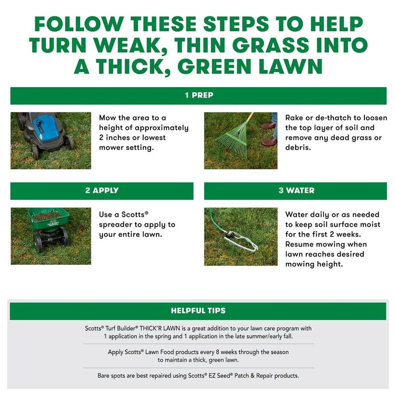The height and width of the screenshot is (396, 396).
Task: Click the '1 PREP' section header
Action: [198, 96]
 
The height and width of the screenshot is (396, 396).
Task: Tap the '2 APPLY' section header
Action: [101, 191]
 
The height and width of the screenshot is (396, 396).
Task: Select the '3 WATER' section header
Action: [295, 191]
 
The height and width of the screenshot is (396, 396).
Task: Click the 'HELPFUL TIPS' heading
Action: [198, 311]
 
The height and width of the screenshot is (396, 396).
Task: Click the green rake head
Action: [232, 134]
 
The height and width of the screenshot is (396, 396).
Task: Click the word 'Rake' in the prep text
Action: [295, 118]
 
